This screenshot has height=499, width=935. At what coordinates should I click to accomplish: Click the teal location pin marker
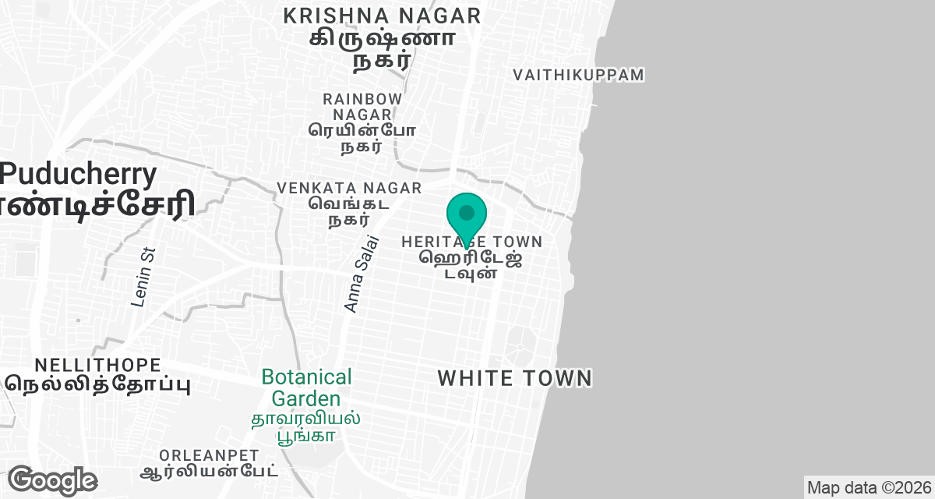click(467, 214)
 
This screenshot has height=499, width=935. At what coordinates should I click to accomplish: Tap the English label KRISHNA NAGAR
click(382, 16)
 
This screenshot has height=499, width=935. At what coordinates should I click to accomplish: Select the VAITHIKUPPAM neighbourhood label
click(578, 75)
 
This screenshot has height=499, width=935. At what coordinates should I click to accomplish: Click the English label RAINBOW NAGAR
click(363, 107)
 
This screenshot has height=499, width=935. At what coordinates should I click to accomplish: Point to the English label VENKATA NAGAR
click(350, 188)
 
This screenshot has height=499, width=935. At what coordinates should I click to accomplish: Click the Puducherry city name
click(79, 173)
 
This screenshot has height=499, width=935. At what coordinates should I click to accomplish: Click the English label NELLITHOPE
click(98, 365)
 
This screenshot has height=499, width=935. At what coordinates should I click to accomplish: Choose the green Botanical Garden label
click(306, 388)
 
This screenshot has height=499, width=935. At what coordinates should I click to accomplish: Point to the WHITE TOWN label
click(515, 379)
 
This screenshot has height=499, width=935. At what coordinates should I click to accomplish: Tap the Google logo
click(52, 480)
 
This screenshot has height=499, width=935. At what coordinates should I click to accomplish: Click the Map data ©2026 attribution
click(868, 488)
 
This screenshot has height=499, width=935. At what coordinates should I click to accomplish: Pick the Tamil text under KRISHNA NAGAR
click(382, 48)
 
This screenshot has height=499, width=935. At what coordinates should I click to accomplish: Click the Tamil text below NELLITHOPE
click(98, 384)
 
